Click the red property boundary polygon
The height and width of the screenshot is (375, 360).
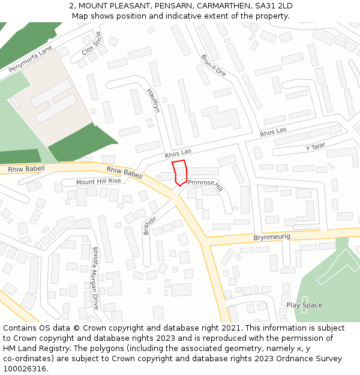point(180,173)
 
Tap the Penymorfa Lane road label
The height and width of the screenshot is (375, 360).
point(30,58)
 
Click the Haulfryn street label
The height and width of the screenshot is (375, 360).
point(154,100)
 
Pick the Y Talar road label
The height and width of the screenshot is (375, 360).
point(315,147)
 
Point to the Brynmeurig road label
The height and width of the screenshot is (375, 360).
point(271,238)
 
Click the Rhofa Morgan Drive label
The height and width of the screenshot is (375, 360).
point(94,278)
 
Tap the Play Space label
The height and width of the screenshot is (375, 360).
point(304,305)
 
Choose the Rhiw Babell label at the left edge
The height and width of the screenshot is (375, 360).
point(26,169)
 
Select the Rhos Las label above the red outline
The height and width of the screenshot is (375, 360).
point(178,154)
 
